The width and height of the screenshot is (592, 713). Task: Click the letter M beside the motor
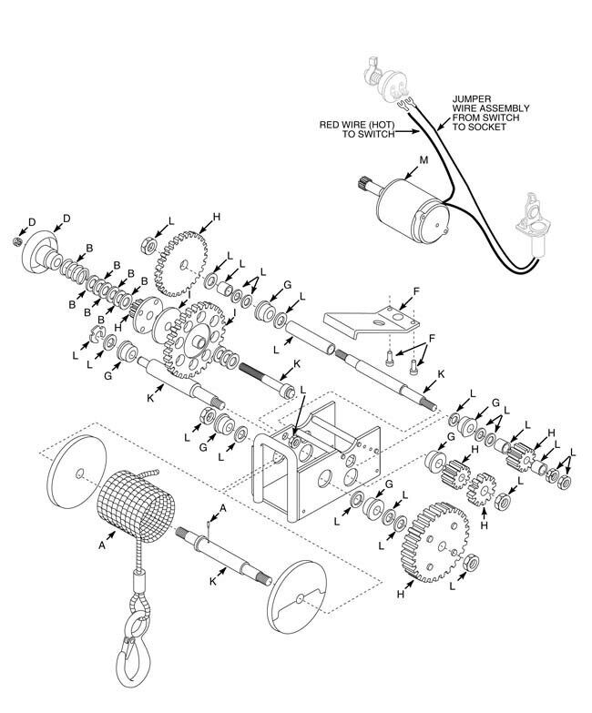pyautogui.click(x=424, y=160)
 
